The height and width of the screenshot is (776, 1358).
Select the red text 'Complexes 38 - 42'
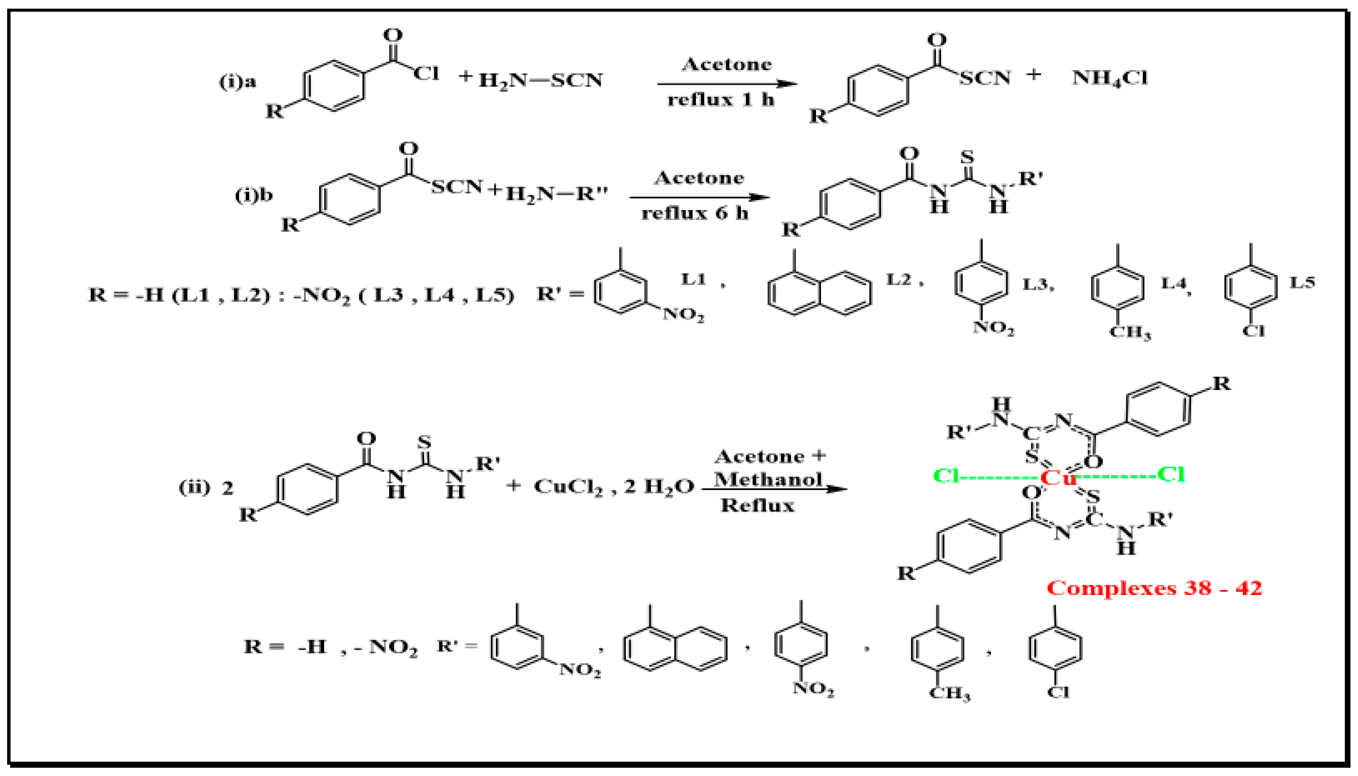[x=1154, y=588]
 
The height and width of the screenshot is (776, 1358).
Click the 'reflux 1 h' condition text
[x=720, y=100]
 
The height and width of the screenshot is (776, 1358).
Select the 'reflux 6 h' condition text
[x=694, y=213]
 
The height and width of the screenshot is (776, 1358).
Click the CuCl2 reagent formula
[x=568, y=487]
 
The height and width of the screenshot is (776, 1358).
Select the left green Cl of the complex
[x=946, y=475]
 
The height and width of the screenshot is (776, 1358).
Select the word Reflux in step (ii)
[x=757, y=505]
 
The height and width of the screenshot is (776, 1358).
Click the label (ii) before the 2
[x=194, y=487]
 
